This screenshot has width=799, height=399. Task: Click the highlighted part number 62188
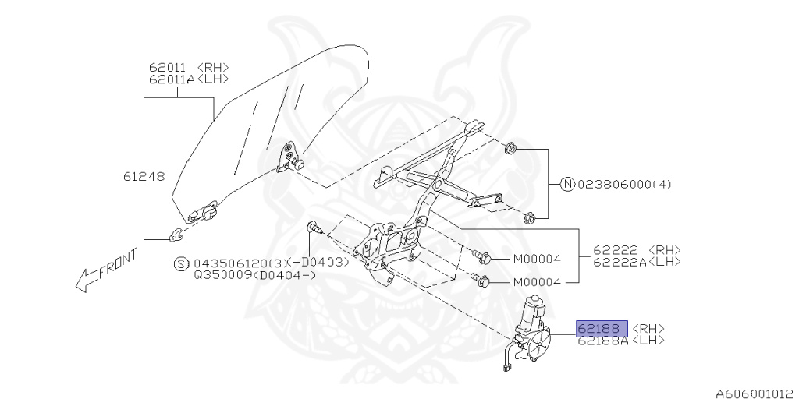(602, 329)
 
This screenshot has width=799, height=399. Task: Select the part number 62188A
(603, 341)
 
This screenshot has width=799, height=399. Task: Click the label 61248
(144, 177)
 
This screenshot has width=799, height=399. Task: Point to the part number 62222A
(619, 262)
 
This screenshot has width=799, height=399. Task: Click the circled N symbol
(567, 184)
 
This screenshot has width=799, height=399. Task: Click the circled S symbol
(181, 263)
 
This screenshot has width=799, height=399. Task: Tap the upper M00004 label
(537, 259)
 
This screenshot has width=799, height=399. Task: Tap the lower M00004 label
(537, 282)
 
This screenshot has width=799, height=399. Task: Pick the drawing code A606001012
(756, 394)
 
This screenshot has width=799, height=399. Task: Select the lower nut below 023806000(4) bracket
(530, 218)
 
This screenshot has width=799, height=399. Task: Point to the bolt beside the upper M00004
(481, 257)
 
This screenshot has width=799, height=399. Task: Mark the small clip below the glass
(176, 235)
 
